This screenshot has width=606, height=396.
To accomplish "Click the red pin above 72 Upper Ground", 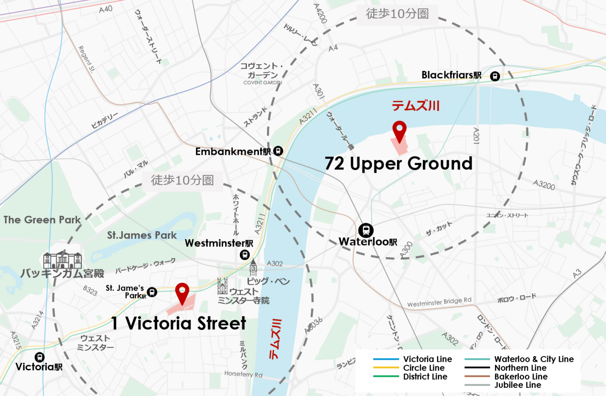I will pos(399,131).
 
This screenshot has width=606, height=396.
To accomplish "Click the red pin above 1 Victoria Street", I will pos(182,292).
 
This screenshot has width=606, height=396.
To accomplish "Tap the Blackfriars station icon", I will pos(495,76).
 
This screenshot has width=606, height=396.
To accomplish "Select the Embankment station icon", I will pos(278,151).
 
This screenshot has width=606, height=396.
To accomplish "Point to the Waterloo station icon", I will pos(366,230).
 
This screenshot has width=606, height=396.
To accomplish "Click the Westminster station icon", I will pos(245,254).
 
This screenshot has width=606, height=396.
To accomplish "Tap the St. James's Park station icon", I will pos(152,292).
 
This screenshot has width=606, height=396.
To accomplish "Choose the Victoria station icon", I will pos(39,357).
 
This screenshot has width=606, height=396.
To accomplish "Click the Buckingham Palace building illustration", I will pos(63,260).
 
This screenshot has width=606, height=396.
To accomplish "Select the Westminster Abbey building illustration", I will pos(222,286).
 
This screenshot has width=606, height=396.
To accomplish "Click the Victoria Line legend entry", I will pos(427,359).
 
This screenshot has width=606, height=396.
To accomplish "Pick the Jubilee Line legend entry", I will pos(517,385).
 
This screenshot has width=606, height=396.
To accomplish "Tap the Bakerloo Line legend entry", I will pos(521,376).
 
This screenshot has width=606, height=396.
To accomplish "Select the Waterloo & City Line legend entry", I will pos(533,359).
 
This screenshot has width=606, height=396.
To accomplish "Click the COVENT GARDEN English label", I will pos(263,83).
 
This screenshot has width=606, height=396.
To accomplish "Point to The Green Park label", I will pos(42,220).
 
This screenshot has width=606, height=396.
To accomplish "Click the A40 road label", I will pos(106,9).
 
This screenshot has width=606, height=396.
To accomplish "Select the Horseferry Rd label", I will pos(243,374).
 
